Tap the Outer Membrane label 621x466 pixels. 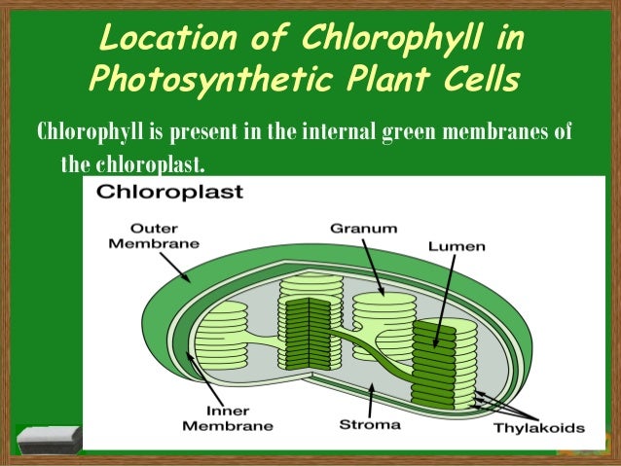(x=142, y=236)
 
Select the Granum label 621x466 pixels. (x=363, y=229)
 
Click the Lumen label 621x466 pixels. (x=457, y=246)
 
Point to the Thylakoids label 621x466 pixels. (x=538, y=427)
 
